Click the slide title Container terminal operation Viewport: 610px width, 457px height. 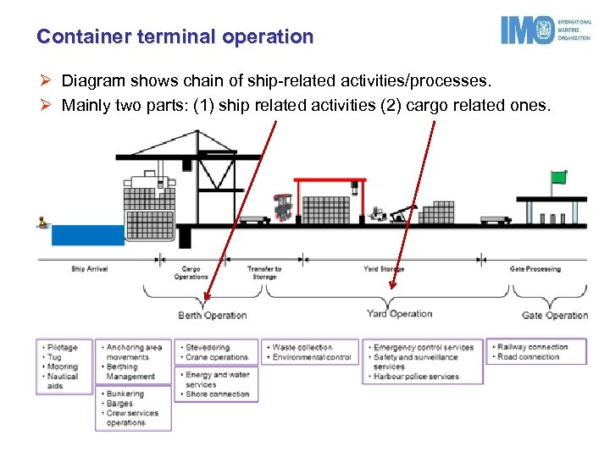coord(175,37)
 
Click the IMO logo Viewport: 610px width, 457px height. coord(545,30)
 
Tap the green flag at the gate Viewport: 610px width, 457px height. coord(558,177)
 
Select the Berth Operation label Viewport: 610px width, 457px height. coord(212,316)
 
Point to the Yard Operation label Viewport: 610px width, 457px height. coord(399,314)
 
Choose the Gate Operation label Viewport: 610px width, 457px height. coord(554,316)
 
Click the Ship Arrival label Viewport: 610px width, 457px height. coord(90,269)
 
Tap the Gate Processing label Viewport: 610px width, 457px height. coord(535,269)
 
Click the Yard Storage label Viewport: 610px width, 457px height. coord(384,269)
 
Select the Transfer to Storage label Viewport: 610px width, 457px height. coord(264,273)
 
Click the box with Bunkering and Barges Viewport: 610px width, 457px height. coord(133,408)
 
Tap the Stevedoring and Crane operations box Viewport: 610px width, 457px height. coord(216,352)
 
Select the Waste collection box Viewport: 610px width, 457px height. coord(311,352)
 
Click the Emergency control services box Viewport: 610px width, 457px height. coord(424,362)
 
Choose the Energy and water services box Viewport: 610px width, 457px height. coord(216,384)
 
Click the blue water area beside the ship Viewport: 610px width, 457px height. coord(87,234)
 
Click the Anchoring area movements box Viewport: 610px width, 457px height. coord(133,362)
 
